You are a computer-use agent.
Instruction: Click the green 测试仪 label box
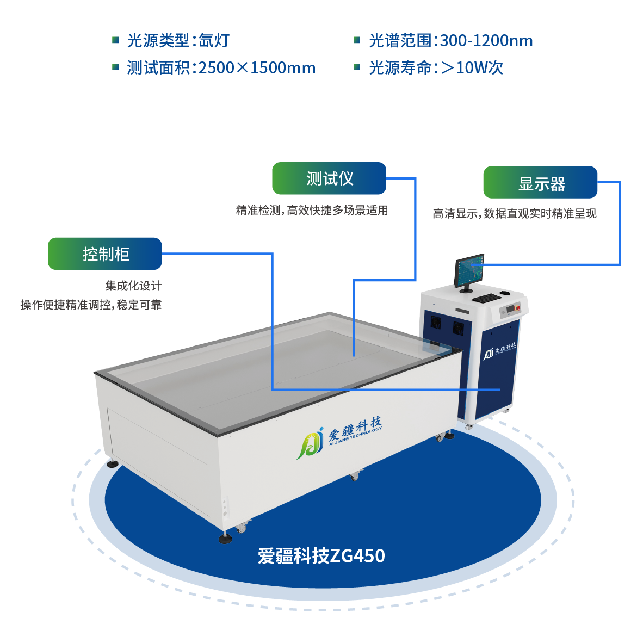pyautogui.click(x=329, y=178)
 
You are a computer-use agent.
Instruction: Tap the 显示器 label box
pyautogui.click(x=540, y=183)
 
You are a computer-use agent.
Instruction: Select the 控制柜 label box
pyautogui.click(x=105, y=254)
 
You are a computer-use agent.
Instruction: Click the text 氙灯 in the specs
pyautogui.click(x=214, y=41)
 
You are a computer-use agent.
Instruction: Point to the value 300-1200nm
pyautogui.click(x=486, y=41)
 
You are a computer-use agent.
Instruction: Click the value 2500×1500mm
pyautogui.click(x=257, y=68)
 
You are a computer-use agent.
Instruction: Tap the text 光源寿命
pyautogui.click(x=399, y=68)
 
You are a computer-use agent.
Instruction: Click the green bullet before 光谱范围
pyautogui.click(x=357, y=40)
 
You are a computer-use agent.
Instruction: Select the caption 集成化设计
pyautogui.click(x=133, y=286)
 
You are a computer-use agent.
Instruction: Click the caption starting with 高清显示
pyautogui.click(x=514, y=214)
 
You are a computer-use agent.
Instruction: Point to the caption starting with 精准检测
pyautogui.click(x=311, y=211)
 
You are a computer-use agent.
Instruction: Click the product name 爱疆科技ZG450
pyautogui.click(x=321, y=556)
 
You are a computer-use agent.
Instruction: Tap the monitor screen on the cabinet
pyautogui.click(x=469, y=270)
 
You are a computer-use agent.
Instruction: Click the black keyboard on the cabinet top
pyautogui.click(x=485, y=298)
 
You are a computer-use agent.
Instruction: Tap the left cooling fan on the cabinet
pyautogui.click(x=436, y=322)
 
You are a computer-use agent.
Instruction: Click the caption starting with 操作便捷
pyautogui.click(x=91, y=305)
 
